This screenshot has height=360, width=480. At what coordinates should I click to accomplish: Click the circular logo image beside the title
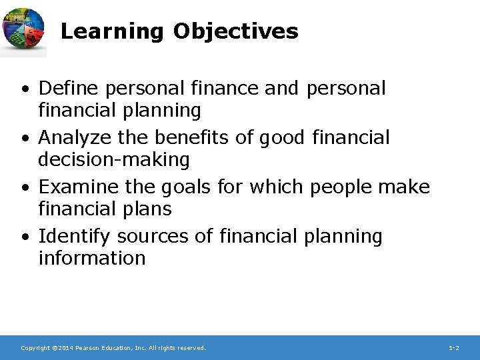coord(24,31)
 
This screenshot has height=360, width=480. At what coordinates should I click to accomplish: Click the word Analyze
coord(75,138)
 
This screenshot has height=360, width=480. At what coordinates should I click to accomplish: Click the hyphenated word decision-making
coord(114,160)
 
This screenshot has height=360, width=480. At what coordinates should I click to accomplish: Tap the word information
coord(92,259)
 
